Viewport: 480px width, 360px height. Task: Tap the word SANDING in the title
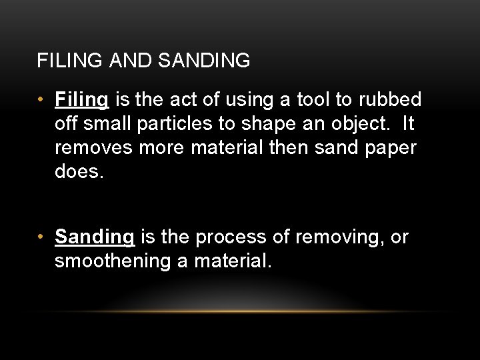[x=204, y=61]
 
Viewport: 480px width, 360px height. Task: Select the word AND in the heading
[x=126, y=61]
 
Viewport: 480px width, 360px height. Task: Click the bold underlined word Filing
[x=81, y=100]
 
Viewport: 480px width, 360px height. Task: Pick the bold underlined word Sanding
[x=95, y=237]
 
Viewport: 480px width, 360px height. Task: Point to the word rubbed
[x=389, y=100]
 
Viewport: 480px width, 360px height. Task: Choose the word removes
[x=94, y=148]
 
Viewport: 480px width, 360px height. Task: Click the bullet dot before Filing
[x=41, y=100]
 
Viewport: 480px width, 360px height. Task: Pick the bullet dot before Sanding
[x=41, y=237]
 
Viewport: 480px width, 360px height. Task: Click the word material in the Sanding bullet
[x=233, y=261]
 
